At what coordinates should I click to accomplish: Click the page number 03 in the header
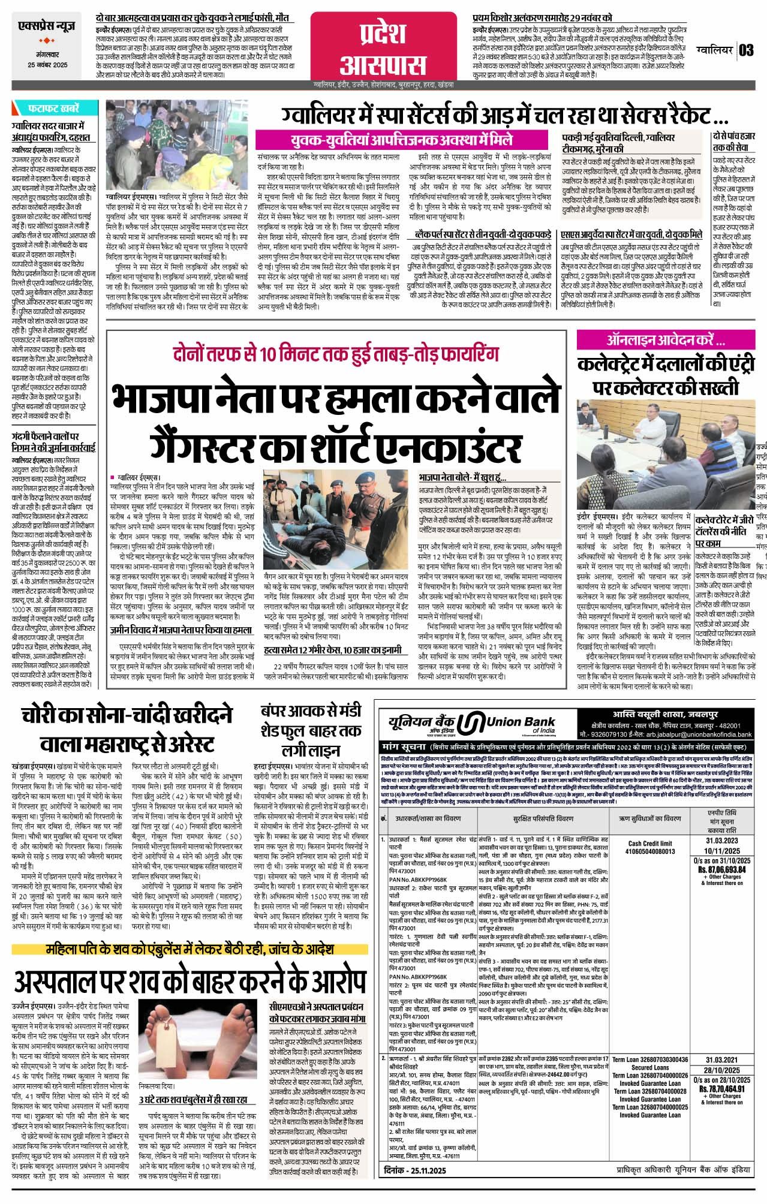pyautogui.click(x=747, y=50)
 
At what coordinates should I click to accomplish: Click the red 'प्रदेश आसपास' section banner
pyautogui.click(x=384, y=47)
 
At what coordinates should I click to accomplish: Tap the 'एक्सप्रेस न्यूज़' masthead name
pyautogui.click(x=48, y=28)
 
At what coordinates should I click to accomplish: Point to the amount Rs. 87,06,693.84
pyautogui.click(x=721, y=869)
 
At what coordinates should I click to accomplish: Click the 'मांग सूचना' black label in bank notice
pyautogui.click(x=403, y=747)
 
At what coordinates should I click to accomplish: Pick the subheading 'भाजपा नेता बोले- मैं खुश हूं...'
pyautogui.click(x=462, y=478)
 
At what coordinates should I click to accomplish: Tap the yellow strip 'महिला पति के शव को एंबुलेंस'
pyautogui.click(x=190, y=950)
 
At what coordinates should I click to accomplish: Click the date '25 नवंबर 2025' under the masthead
pyautogui.click(x=48, y=65)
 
